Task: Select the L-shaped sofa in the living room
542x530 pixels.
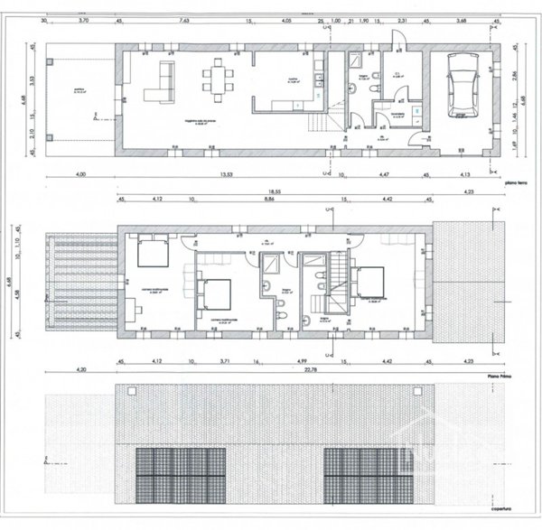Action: point(160,82)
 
